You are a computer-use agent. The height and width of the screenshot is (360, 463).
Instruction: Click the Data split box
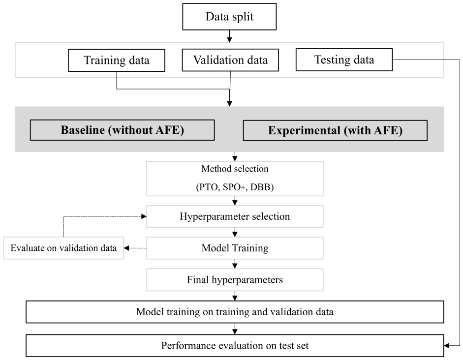point(229,17)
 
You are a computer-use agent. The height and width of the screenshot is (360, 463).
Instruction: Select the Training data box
point(116,60)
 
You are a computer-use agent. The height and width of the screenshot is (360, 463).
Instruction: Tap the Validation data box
point(230,60)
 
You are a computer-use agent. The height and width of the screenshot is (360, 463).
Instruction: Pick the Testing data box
point(344,60)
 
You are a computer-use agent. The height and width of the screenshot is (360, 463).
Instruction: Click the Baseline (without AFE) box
point(122,130)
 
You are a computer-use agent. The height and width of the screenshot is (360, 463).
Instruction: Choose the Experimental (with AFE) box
point(335,130)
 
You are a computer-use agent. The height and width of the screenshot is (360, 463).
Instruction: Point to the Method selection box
point(235,178)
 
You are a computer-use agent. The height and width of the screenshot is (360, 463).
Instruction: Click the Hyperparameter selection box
point(235,216)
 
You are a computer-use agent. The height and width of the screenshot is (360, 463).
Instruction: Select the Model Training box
point(235,248)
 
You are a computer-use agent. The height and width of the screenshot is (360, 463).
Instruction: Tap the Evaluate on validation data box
point(63,248)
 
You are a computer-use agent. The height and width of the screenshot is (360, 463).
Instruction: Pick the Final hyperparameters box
point(235,280)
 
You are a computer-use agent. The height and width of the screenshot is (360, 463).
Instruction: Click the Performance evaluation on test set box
point(235,346)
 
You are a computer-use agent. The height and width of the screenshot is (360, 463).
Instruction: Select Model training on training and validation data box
point(235,312)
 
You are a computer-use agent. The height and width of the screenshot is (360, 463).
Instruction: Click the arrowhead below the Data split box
point(229,39)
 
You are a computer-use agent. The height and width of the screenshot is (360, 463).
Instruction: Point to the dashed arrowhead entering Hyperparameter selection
point(144,216)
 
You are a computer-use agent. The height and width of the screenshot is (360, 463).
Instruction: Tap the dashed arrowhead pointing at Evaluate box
point(126,248)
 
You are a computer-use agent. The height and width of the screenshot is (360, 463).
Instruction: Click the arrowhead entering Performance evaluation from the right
point(447,346)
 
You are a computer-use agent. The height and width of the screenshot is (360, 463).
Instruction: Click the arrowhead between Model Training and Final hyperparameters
point(235,266)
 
